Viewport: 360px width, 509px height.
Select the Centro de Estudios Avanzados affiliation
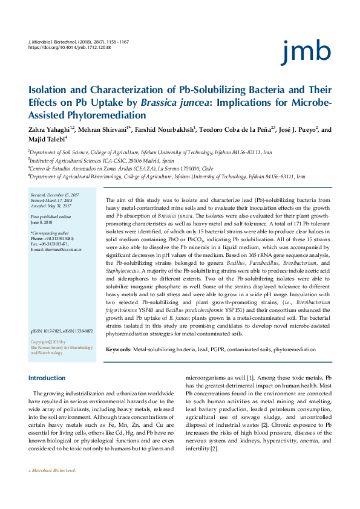pyautogui.click(x=121, y=169)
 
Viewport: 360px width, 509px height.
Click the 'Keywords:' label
pyautogui.click(x=119, y=350)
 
